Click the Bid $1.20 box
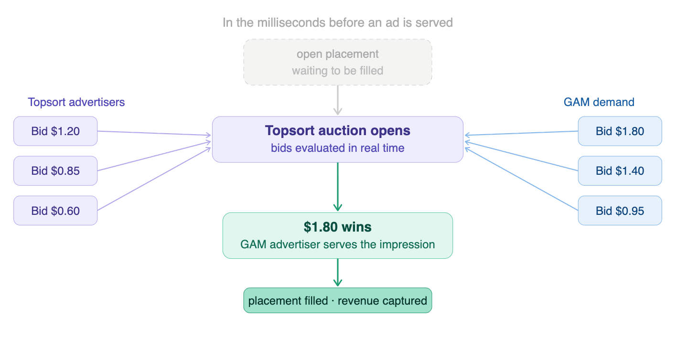(x=55, y=131)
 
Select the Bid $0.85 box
(x=55, y=170)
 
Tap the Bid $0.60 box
(x=55, y=211)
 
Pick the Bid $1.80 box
(x=620, y=131)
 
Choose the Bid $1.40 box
(x=620, y=170)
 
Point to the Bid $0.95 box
(x=620, y=211)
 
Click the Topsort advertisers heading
(x=76, y=102)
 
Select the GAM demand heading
(x=599, y=102)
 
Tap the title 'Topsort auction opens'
(x=337, y=131)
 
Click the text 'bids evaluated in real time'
(x=337, y=148)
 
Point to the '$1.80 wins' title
(x=337, y=227)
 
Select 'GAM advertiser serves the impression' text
(x=337, y=244)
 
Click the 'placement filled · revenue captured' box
(x=337, y=301)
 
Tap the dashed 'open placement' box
(x=337, y=62)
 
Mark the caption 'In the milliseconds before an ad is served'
(x=337, y=22)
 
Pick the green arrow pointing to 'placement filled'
(x=338, y=273)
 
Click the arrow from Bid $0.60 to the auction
(x=154, y=179)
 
